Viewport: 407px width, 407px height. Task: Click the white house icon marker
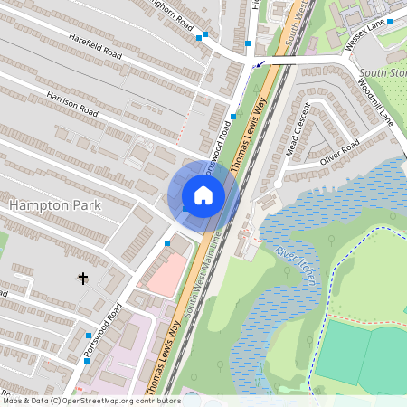(203, 194)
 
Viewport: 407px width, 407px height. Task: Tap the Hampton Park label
(55, 206)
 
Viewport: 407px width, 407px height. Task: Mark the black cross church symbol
(83, 279)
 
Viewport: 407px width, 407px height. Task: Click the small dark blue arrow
(261, 64)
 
